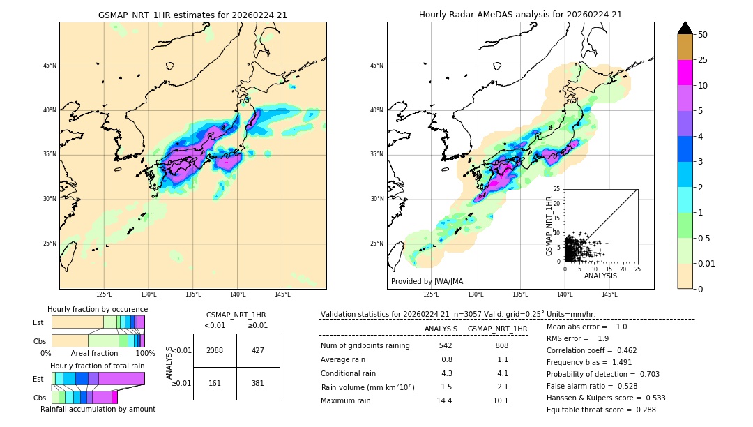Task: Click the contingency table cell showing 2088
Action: (215, 350)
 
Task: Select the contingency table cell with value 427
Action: (258, 350)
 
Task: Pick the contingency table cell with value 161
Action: (215, 383)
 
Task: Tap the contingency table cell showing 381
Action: (258, 383)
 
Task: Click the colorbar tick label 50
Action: (703, 35)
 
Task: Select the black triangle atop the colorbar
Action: (685, 28)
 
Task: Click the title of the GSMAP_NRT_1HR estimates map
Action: (192, 15)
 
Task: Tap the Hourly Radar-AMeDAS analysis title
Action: (520, 15)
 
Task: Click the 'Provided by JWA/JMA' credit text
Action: (427, 281)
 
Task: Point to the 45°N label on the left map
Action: (50, 66)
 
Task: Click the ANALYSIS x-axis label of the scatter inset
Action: (600, 276)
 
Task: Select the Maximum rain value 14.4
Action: (446, 400)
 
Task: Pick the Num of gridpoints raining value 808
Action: (501, 346)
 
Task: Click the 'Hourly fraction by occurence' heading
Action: (98, 309)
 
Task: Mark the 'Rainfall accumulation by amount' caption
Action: (98, 409)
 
